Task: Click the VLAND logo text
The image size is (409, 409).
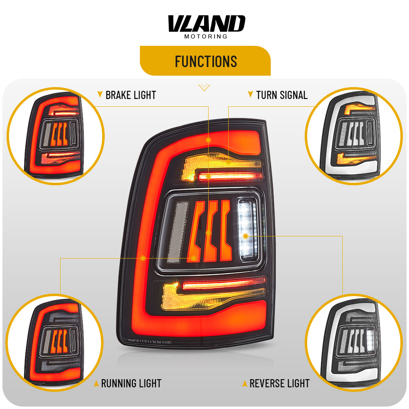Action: [206, 24]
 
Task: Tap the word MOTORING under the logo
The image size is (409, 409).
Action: [206, 36]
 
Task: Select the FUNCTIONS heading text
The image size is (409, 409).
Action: [206, 61]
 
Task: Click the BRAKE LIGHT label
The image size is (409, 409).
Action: [130, 95]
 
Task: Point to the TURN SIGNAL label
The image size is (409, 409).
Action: [282, 95]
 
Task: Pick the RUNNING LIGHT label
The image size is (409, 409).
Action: [131, 384]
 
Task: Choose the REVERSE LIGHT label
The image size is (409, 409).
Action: [279, 384]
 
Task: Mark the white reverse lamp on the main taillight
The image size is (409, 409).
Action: [248, 229]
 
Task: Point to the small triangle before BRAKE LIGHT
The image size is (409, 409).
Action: [100, 95]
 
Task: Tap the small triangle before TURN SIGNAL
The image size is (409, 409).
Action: [250, 95]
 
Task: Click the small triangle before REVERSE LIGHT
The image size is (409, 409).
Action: [244, 384]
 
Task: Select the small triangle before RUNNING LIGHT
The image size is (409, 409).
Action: [96, 384]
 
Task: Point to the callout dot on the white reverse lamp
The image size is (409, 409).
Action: [245, 236]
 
